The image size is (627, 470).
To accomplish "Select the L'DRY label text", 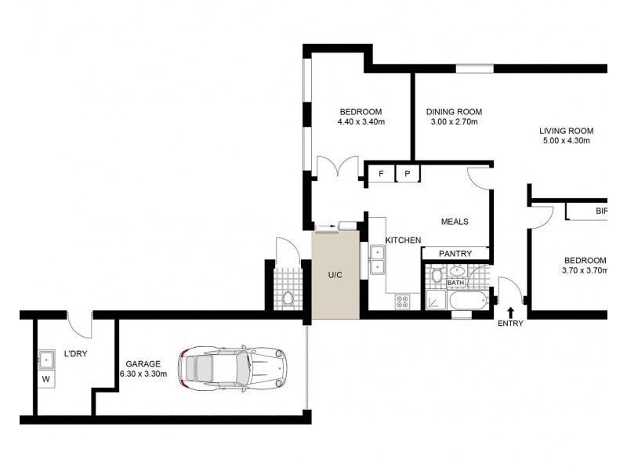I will click(75, 353).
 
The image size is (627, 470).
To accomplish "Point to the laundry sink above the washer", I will click(45, 360).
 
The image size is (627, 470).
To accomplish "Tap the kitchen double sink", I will click(377, 259).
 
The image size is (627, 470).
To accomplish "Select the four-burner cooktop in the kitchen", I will click(403, 300).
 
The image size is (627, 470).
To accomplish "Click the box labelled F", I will click(381, 174).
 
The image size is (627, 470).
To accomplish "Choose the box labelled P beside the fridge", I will click(408, 174).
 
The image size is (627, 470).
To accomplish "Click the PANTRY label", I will click(455, 254).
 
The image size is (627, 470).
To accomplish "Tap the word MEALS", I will click(455, 222).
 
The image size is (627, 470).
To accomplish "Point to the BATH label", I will click(455, 283).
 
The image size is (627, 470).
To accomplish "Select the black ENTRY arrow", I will click(511, 313).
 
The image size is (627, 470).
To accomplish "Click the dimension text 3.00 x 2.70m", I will click(455, 121).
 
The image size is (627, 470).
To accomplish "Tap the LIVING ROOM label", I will click(566, 131).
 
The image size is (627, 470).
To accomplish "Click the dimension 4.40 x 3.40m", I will click(361, 121).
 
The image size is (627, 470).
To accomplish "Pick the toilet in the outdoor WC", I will click(288, 298).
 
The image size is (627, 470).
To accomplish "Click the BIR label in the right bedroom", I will click(601, 211).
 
